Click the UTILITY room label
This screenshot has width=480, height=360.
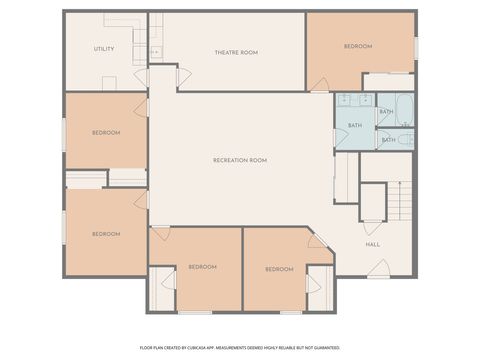coord(105,48)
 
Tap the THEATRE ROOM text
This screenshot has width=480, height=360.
coord(236,52)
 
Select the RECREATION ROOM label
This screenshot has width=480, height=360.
coord(240,160)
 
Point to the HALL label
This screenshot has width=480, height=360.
coord(372,244)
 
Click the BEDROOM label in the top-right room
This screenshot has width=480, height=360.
coord(358,46)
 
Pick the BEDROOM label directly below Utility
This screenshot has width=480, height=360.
coord(106,132)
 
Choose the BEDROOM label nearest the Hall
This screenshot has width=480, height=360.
coord(279,269)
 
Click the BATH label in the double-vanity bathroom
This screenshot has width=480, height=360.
coord(354,126)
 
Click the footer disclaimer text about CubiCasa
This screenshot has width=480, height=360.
coord(240,347)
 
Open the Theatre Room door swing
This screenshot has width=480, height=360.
coord(183,77)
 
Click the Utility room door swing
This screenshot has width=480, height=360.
coord(141,77)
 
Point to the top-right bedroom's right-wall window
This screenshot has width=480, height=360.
coord(416,47)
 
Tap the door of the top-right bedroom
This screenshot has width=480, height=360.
coord(319,84)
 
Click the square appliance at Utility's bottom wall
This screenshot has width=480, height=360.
coord(109,83)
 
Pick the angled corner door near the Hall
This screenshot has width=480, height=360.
coord(317,241)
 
